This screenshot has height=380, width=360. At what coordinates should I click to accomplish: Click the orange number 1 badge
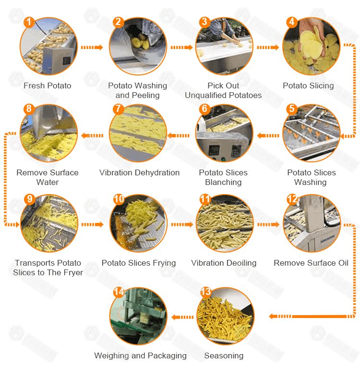[x=29, y=22]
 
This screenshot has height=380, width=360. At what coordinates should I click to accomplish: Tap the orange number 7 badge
[x=118, y=109]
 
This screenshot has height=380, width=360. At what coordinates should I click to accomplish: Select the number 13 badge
[x=206, y=292]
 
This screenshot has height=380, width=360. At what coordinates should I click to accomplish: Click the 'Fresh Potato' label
[x=48, y=86]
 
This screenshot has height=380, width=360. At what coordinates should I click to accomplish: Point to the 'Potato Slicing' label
[x=308, y=86]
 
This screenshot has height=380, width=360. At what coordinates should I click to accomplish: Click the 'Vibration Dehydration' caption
[x=140, y=173]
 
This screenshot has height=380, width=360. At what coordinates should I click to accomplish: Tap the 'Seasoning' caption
[x=224, y=356]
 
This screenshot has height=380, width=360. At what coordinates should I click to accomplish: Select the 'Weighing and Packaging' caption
[x=141, y=356]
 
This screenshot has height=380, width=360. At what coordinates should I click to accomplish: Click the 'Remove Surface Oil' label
[x=311, y=263]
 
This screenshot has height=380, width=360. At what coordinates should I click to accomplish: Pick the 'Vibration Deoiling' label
[x=224, y=263]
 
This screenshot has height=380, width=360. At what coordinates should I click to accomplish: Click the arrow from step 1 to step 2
[x=92, y=47]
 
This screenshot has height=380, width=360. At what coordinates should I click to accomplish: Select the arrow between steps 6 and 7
[x=179, y=135]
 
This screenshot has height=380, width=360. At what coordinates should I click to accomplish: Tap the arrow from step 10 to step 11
[x=182, y=225]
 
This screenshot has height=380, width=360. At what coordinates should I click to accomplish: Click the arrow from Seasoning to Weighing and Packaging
[x=182, y=317]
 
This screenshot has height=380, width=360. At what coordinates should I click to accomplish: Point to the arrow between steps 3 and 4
[x=268, y=47]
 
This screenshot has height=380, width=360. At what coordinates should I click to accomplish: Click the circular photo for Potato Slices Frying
[x=139, y=223]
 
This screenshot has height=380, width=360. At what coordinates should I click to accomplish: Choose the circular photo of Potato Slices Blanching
[x=224, y=133]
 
